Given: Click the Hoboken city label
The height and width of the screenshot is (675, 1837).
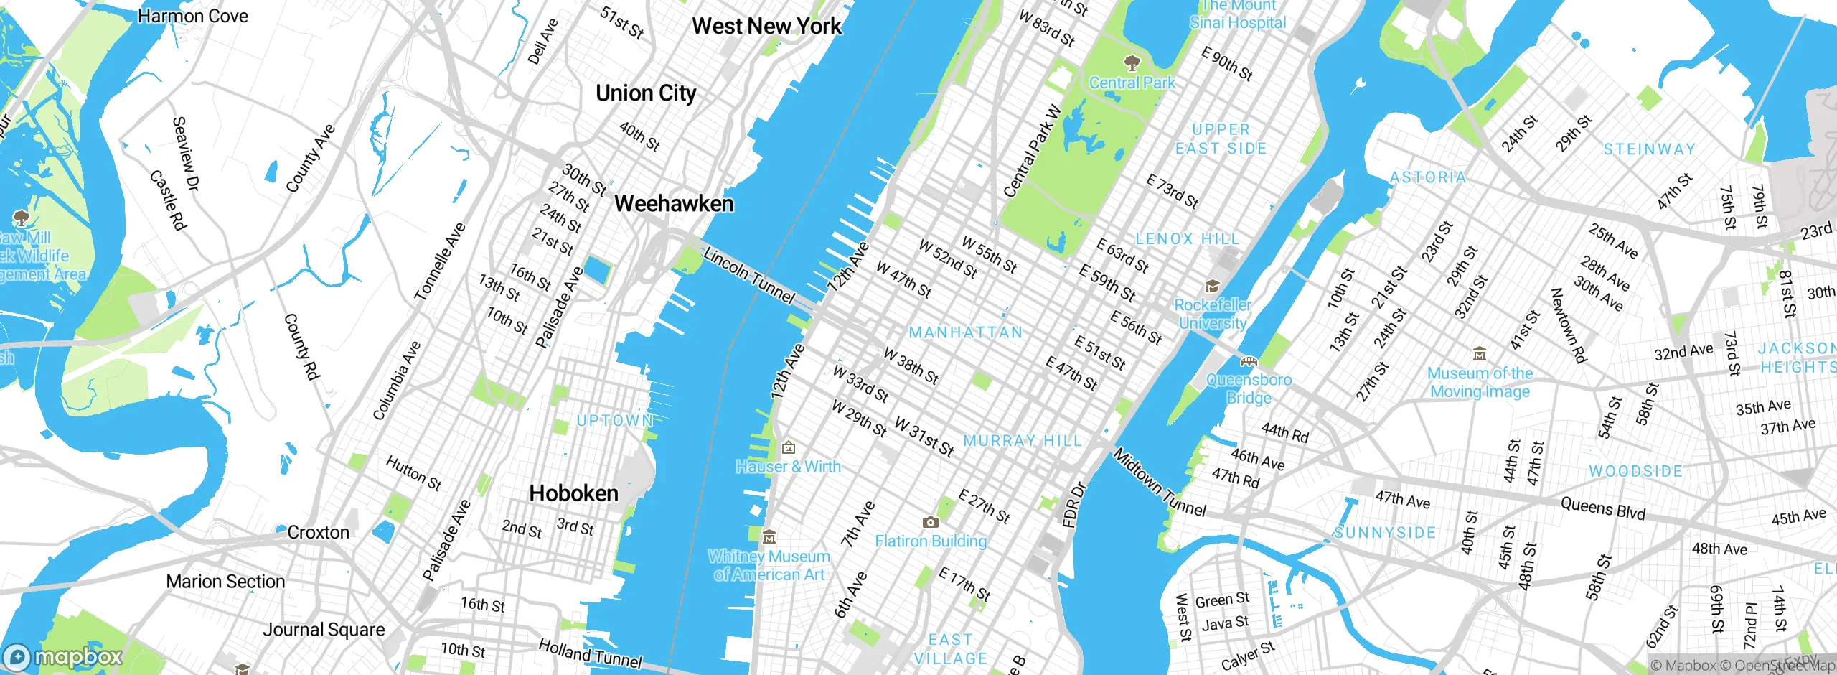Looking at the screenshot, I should pyautogui.click(x=573, y=493).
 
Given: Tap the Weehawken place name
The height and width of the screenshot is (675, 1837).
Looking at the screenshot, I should pyautogui.click(x=674, y=204).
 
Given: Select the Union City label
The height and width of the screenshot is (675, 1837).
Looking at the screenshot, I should pyautogui.click(x=646, y=93).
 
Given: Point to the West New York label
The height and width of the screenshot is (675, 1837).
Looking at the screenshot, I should pyautogui.click(x=766, y=27).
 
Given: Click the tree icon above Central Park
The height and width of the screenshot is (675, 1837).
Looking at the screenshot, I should pyautogui.click(x=1132, y=62).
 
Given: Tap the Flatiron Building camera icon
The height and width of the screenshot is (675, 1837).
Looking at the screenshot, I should pyautogui.click(x=930, y=522).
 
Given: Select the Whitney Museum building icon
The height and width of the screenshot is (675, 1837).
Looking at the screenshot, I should pyautogui.click(x=769, y=537).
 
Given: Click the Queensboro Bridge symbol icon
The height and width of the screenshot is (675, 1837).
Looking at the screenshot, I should pyautogui.click(x=1249, y=361).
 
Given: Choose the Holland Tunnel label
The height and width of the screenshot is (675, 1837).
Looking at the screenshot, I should pyautogui.click(x=590, y=654).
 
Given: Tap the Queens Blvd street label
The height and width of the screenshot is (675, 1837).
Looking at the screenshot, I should pyautogui.click(x=1602, y=509).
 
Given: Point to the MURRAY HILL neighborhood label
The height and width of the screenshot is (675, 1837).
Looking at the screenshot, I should pyautogui.click(x=1022, y=441).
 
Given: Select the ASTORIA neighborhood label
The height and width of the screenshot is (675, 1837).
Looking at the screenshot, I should pyautogui.click(x=1428, y=177).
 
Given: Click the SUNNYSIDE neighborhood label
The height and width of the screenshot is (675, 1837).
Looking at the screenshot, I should pyautogui.click(x=1385, y=533).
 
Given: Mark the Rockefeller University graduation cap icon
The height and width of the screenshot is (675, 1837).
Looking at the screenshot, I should pyautogui.click(x=1212, y=287).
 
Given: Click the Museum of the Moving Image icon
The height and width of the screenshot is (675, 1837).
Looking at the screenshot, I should pyautogui.click(x=1479, y=354).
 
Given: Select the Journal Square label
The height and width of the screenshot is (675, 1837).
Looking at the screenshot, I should pyautogui.click(x=324, y=630).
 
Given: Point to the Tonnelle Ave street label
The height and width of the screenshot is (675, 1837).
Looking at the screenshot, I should pyautogui.click(x=440, y=262).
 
